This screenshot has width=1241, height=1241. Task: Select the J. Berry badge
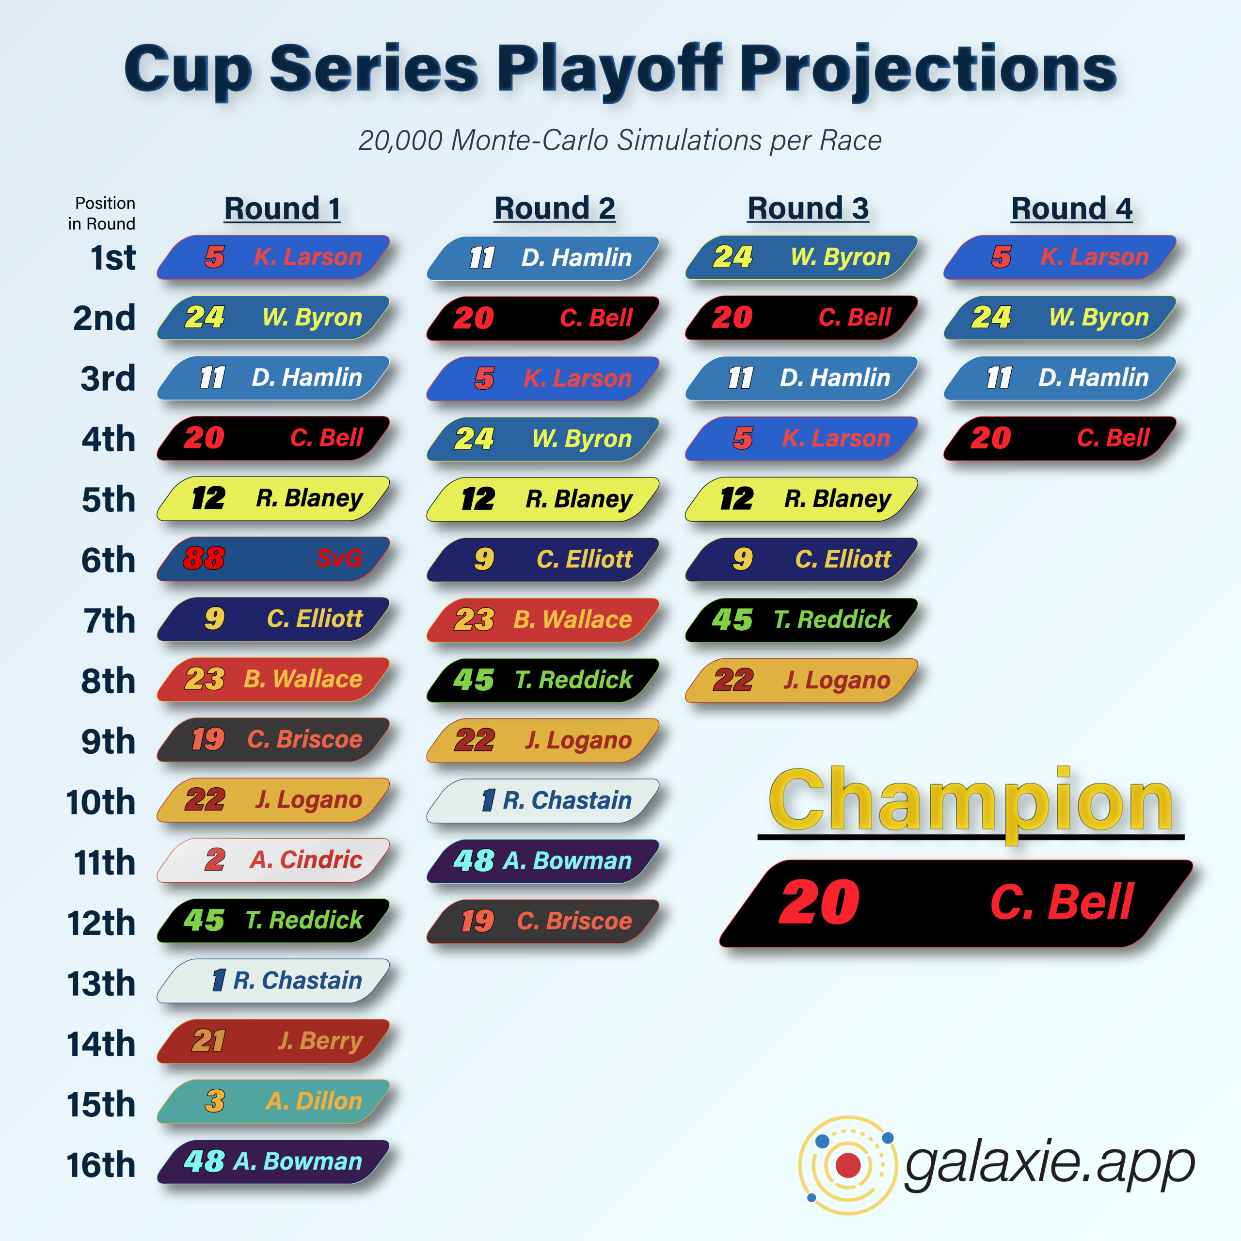tap(273, 1041)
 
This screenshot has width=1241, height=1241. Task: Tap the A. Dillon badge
tap(273, 1101)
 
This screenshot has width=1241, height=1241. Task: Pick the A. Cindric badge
tap(273, 860)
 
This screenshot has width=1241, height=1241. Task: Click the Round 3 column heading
tap(808, 209)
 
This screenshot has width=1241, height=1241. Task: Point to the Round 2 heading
tap(555, 209)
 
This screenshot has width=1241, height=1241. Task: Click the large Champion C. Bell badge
tap(956, 903)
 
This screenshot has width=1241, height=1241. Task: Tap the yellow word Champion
tap(971, 800)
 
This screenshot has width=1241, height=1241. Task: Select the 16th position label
tap(101, 1165)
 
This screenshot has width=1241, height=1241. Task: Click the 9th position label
tap(109, 742)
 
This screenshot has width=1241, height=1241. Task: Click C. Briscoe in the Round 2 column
tap(543, 922)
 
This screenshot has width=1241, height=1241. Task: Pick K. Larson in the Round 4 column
tap(1060, 257)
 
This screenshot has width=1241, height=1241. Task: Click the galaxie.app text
tap(1050, 1164)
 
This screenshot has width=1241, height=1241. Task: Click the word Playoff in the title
tap(609, 69)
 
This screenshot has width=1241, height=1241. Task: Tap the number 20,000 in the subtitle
tap(401, 141)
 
